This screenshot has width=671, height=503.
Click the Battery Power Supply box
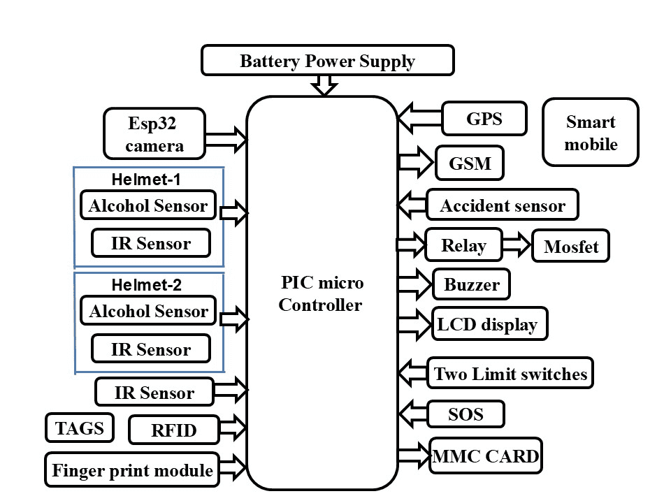tap(327, 61)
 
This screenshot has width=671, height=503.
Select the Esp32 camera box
tap(154, 134)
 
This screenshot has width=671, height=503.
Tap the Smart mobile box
tap(591, 133)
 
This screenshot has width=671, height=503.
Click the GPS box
tap(484, 118)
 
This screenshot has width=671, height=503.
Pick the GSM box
tap(469, 164)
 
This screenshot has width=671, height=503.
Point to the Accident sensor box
tap(502, 205)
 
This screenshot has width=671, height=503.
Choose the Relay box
tap(463, 245)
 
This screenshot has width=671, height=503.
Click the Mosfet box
tap(570, 247)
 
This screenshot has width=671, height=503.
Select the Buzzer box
tap(472, 285)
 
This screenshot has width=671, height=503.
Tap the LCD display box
tap(489, 324)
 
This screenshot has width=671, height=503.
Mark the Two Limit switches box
tap(510, 373)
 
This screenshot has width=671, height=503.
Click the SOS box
tap(466, 414)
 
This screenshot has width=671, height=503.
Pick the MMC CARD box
tap(486, 457)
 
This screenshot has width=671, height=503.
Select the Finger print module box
tap(131, 470)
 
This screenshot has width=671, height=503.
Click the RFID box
tap(173, 430)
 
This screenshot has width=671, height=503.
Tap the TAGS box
tap(80, 428)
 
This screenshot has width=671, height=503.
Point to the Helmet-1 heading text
tap(146, 180)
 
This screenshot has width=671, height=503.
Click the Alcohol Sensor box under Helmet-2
tap(148, 311)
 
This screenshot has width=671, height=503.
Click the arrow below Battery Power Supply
tap(324, 85)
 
